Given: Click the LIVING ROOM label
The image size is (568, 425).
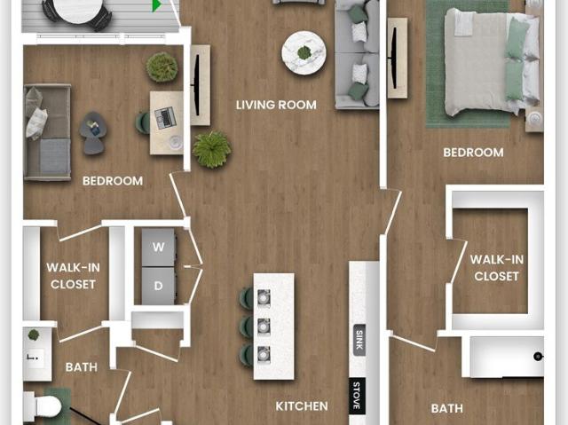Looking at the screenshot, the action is (x=276, y=105).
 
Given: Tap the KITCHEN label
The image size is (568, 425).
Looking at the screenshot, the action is (x=302, y=406).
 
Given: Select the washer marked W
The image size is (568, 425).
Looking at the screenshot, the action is (x=158, y=248).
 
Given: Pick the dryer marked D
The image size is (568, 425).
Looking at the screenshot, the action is (x=158, y=286).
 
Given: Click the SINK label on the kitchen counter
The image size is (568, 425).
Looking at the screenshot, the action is (x=359, y=341).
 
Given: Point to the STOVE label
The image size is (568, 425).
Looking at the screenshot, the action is (x=357, y=396).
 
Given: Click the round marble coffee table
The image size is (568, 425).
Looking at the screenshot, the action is (x=304, y=53).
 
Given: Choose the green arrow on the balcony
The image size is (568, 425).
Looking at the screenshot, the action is (x=157, y=5).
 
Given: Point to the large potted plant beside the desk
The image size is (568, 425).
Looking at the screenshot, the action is (x=212, y=149).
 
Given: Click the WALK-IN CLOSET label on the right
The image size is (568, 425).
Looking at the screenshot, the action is (x=497, y=268).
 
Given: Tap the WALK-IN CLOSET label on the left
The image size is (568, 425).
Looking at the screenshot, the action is (x=73, y=276).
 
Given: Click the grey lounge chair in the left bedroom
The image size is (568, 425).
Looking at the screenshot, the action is (x=92, y=133).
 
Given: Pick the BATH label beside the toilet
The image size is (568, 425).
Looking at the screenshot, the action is (x=82, y=367).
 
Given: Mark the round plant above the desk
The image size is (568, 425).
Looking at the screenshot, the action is (x=162, y=67).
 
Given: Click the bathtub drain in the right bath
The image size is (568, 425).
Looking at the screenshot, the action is (x=538, y=357).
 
